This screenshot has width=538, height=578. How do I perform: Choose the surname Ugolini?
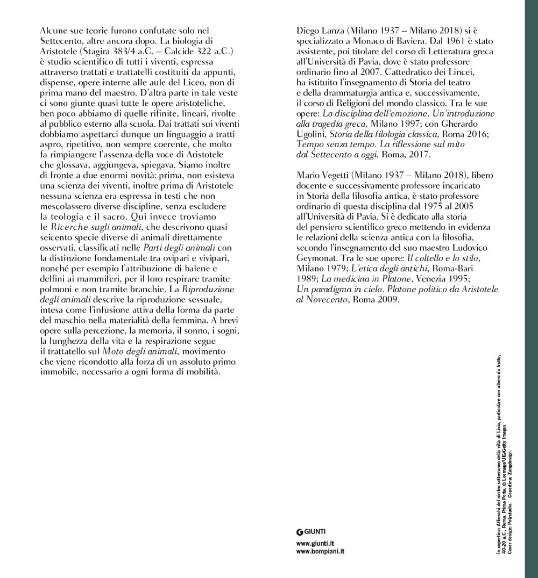click(x=313, y=134)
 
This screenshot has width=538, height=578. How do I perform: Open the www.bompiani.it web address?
click(x=320, y=552)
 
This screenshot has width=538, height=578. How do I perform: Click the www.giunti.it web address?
click(x=316, y=544)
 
